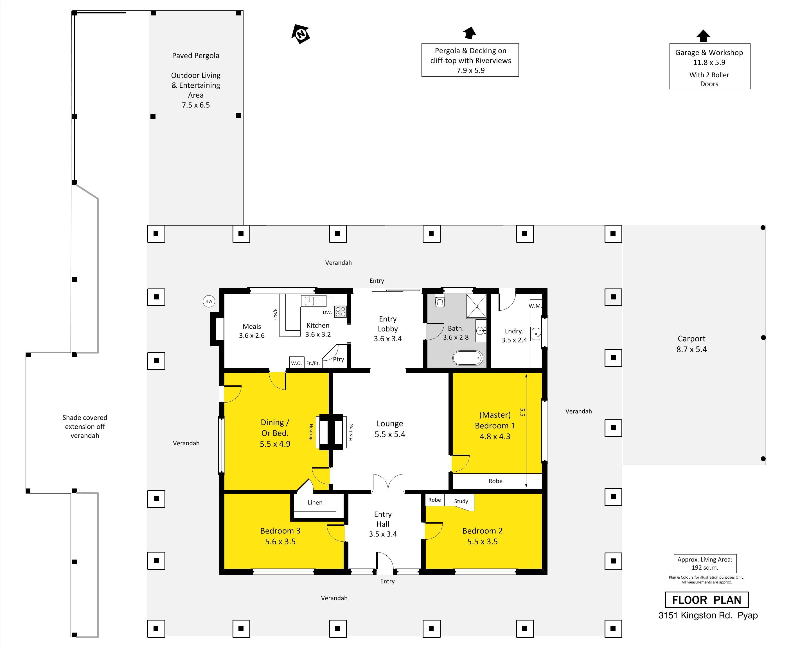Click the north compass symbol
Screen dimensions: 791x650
coord(301,35)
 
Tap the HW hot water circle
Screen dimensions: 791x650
coord(209,301)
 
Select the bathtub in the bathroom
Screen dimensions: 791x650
coord(468,358)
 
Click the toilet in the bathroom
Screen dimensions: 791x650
coord(440,301)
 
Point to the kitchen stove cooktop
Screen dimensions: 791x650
coord(341,312)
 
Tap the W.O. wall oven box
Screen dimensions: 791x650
coord(297,363)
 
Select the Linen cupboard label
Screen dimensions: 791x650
coord(315,503)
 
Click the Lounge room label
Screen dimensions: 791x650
coord(390,424)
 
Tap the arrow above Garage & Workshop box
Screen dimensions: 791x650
coord(703,36)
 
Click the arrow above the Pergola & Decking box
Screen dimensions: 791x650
coord(469,33)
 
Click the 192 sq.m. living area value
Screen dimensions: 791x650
coord(705,568)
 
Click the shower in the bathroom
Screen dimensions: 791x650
coord(476,306)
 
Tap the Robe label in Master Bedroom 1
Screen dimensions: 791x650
coord(495,481)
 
